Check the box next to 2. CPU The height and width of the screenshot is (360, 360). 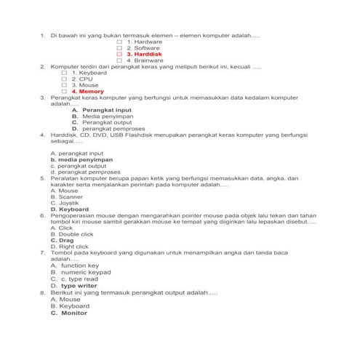(x=64, y=79)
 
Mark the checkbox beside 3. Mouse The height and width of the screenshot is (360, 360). (x=64, y=85)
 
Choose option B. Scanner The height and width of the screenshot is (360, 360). (x=65, y=197)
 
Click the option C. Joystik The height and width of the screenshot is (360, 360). (x=65, y=203)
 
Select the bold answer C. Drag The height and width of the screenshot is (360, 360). (x=62, y=240)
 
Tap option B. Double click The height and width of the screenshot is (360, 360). (x=72, y=234)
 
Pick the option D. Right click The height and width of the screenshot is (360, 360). (x=69, y=247)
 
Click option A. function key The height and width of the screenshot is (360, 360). (x=74, y=265)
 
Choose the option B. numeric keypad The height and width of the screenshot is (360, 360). (x=81, y=272)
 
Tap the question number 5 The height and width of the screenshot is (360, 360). (x=42, y=177)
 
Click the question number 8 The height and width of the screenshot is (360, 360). (x=42, y=292)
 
